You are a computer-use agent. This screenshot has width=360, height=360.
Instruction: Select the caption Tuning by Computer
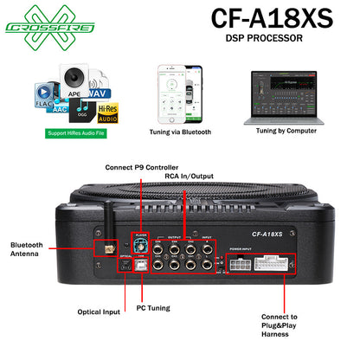[x=283, y=132]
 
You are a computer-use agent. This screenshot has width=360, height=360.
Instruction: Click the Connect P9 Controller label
[x=142, y=166]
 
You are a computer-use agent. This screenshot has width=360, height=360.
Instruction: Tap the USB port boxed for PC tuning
[x=139, y=267]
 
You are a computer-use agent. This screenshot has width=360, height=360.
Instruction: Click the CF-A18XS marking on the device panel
[x=269, y=234]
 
